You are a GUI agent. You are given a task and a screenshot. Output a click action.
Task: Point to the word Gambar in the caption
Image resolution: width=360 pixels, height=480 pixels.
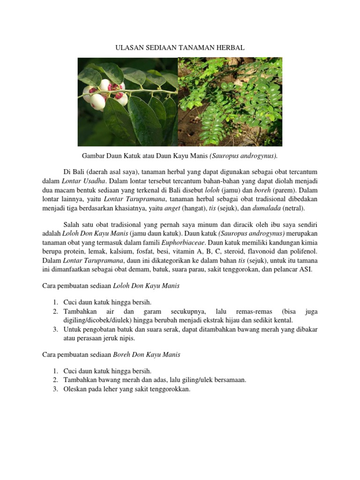(x=93, y=155)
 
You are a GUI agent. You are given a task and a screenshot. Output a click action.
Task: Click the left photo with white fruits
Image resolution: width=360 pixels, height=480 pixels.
(x=127, y=102)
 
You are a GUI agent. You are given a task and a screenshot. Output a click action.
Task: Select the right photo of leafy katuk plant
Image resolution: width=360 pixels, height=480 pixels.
(x=230, y=102)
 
